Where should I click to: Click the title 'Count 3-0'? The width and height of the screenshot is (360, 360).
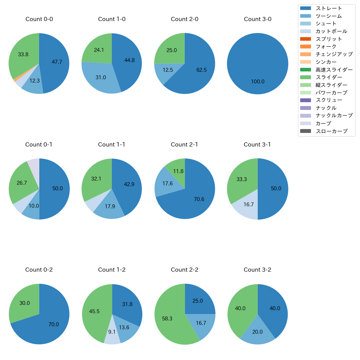tap(258, 19)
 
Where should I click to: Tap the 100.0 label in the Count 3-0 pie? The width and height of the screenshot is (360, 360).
tap(258, 82)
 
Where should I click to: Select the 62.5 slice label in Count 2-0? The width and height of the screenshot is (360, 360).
tap(201, 70)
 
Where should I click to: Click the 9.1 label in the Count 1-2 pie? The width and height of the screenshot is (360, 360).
tap(112, 332)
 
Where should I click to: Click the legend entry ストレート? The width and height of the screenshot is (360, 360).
tap(329, 8)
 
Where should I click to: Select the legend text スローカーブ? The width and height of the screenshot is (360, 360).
tap(331, 131)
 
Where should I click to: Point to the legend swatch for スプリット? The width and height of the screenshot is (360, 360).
tap(305, 39)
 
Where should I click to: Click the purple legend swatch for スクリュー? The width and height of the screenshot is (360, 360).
tap(305, 100)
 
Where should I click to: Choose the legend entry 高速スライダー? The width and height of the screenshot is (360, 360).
tap(334, 70)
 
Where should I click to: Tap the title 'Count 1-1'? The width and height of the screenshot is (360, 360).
tap(112, 145)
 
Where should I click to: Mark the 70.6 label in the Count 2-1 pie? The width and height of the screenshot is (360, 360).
tap(199, 199)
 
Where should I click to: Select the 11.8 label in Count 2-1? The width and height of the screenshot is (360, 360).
tap(178, 171)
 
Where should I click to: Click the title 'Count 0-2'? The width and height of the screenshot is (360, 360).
tap(39, 270)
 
